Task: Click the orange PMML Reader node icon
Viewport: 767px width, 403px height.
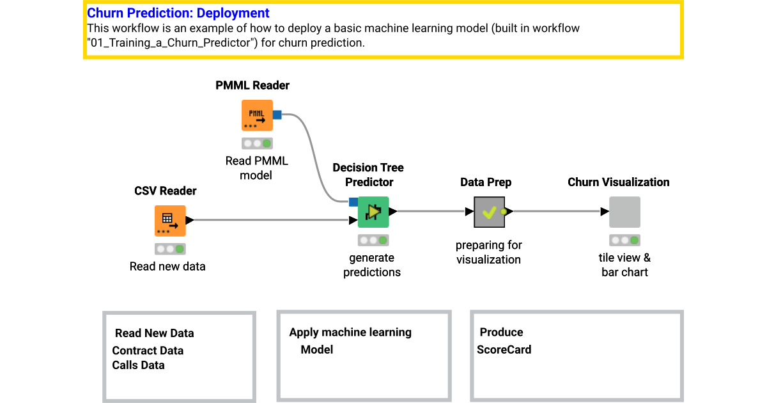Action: [257, 116]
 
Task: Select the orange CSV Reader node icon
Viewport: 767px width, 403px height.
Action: [170, 221]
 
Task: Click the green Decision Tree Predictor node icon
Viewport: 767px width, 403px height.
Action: [373, 212]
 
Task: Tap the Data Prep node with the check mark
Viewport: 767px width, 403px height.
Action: [489, 212]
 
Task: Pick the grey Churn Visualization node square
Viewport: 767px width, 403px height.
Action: [624, 212]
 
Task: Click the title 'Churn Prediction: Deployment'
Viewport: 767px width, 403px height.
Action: [178, 13]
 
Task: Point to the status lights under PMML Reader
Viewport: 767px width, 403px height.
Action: [257, 143]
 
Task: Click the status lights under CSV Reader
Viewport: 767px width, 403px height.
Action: [170, 249]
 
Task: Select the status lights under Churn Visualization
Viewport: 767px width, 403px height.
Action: [624, 241]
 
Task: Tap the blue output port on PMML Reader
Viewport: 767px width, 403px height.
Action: [277, 115]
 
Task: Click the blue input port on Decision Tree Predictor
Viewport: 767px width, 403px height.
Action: [353, 202]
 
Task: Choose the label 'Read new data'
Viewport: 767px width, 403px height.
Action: [167, 266]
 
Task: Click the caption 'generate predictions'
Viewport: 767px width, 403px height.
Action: [372, 265]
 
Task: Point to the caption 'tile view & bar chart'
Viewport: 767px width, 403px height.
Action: [624, 265]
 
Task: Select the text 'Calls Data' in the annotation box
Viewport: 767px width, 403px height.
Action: [138, 365]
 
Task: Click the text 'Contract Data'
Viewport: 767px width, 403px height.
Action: [148, 351]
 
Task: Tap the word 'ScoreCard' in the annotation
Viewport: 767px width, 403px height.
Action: [504, 349]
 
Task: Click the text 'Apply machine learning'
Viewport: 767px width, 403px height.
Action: [350, 333]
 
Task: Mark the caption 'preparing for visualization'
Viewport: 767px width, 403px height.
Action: [488, 252]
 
